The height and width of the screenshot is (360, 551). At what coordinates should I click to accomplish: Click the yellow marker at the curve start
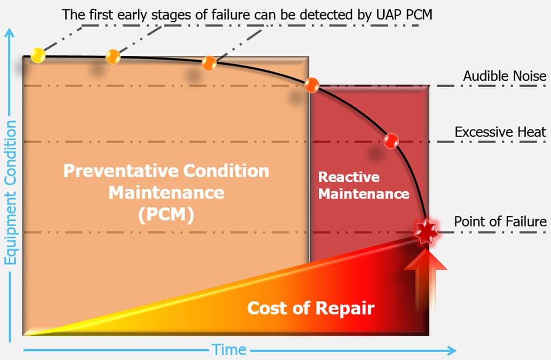[37, 55]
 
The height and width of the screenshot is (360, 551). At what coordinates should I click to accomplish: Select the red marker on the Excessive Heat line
[391, 141]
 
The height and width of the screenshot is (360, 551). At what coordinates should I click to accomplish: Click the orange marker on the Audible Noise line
[312, 85]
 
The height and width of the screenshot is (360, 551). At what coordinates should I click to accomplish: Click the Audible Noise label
[504, 76]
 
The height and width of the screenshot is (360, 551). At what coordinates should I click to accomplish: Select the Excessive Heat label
[500, 132]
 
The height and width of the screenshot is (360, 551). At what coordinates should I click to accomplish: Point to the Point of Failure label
[500, 221]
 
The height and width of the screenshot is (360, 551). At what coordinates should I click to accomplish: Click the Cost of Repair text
[311, 308]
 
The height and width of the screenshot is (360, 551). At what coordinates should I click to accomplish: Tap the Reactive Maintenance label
[364, 185]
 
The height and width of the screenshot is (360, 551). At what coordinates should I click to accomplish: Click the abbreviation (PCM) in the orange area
[166, 214]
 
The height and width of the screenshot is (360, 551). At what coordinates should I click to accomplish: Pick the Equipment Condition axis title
[10, 192]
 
